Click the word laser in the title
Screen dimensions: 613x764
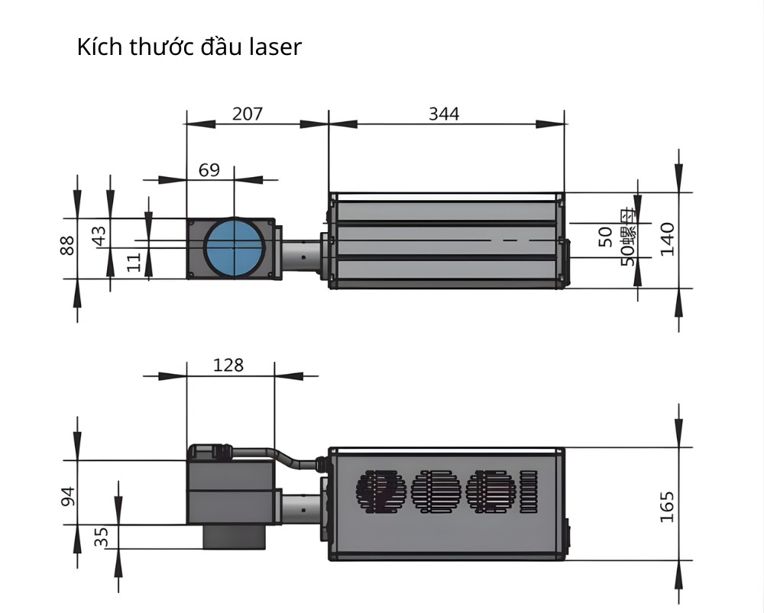click(x=275, y=47)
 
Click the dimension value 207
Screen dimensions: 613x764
click(x=248, y=114)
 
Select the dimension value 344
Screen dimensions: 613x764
click(x=444, y=114)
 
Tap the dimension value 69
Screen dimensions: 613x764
click(x=209, y=169)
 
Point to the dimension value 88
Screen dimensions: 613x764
click(x=67, y=245)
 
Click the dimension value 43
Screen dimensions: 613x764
click(x=99, y=235)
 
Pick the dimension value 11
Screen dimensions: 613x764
click(x=134, y=263)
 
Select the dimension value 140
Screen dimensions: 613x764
click(x=667, y=239)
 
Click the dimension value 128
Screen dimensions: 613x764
click(x=228, y=365)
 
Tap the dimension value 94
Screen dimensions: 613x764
click(x=68, y=497)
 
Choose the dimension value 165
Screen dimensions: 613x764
click(x=667, y=506)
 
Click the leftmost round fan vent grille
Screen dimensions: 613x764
click(x=380, y=491)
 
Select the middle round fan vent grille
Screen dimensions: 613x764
click(x=436, y=491)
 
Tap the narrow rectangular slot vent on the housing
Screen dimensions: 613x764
click(x=529, y=491)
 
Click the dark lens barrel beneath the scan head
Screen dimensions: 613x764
click(x=234, y=537)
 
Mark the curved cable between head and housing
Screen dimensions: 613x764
click(x=290, y=459)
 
